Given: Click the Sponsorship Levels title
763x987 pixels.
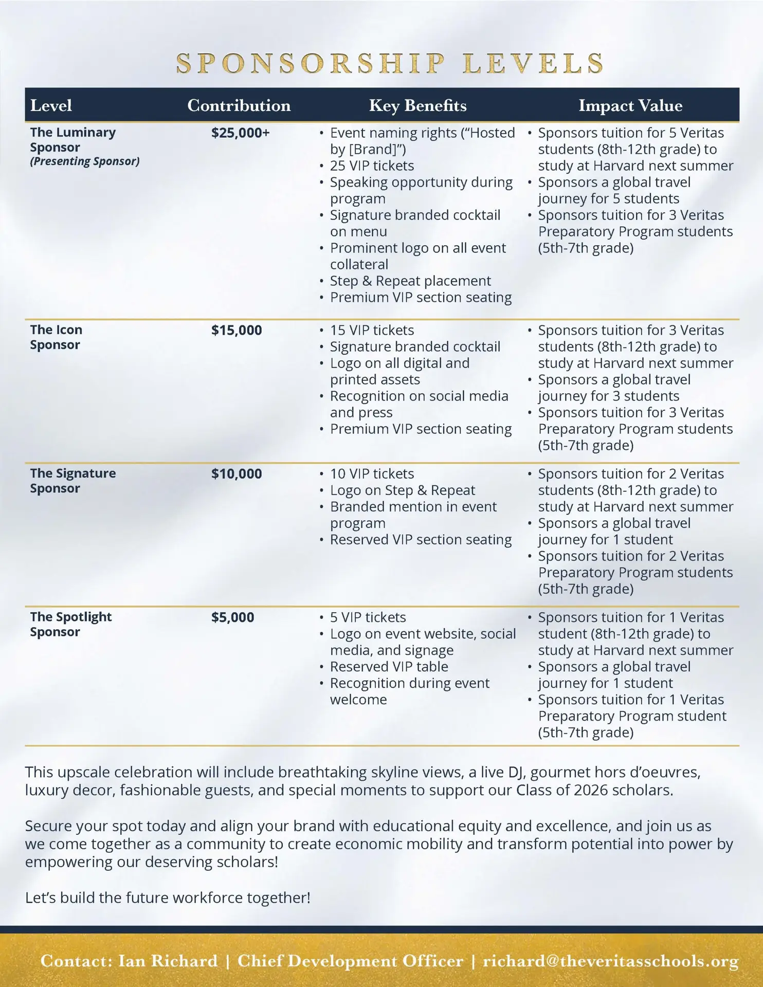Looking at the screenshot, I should coord(390,63).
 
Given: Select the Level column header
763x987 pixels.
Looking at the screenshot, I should coord(51,105).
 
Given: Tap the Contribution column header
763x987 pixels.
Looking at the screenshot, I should coord(239,105).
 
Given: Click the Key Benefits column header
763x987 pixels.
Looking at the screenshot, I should coord(417,105).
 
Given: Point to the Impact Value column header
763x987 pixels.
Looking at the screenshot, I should coord(630,105).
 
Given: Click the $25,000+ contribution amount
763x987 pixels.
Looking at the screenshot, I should coord(240,133).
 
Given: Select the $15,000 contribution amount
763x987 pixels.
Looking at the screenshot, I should coord(237,330).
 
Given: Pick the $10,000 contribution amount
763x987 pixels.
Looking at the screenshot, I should coord(237,473).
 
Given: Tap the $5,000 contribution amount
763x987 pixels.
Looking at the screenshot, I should coord(232,617).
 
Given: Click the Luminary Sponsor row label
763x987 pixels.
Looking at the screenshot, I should coord(72,139).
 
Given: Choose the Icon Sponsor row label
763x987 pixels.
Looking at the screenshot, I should coord(56,337).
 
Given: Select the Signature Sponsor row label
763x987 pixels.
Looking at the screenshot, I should coord(72,480).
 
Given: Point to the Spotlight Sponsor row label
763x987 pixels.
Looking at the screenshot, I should coord(70,624).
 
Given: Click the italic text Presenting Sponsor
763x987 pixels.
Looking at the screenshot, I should coord(84,161).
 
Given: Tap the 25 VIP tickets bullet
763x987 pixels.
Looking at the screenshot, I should coord(372,166).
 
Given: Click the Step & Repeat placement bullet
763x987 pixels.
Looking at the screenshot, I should coord(410,281).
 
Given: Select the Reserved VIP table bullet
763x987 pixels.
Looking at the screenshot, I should coord(389,666).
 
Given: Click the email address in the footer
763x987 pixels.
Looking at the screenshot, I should coord(610,961).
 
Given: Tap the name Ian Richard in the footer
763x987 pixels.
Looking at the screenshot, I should coord(168,961).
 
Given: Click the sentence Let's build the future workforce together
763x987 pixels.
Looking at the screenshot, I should coord(168,898).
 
